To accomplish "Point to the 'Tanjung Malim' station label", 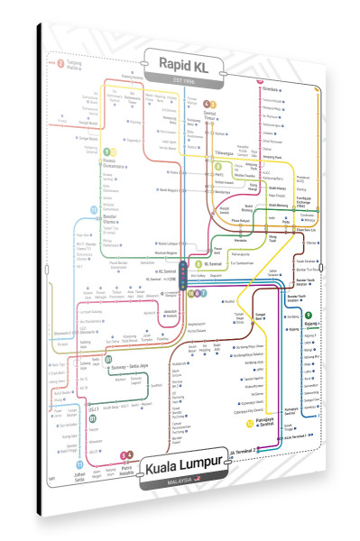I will pos(73,65).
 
